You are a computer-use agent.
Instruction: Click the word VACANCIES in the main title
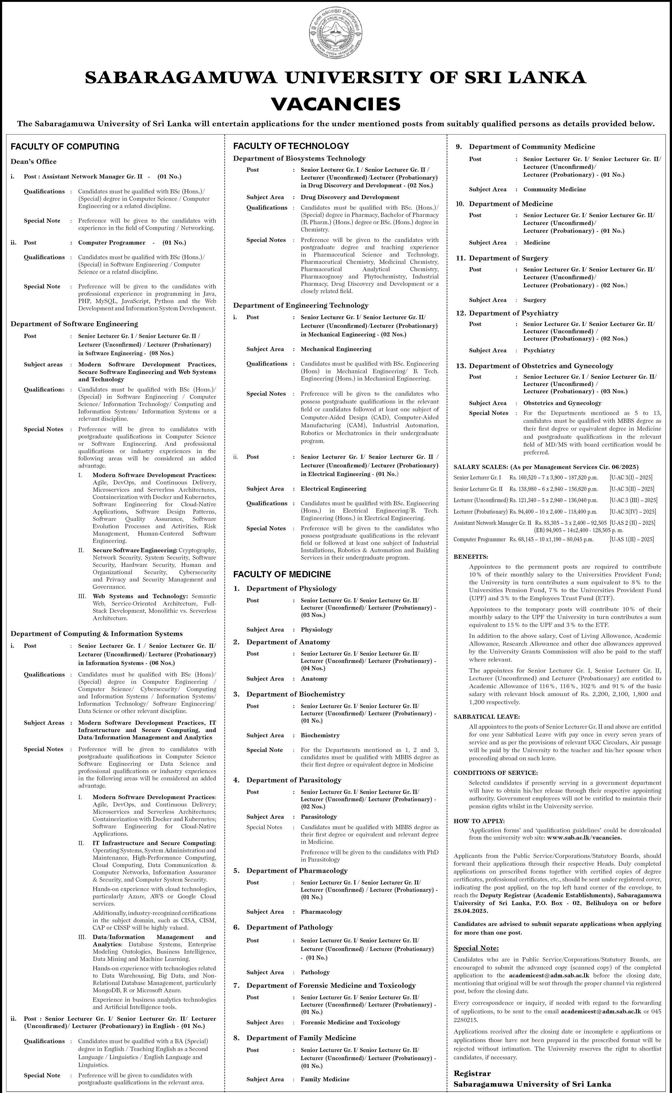(x=336, y=104)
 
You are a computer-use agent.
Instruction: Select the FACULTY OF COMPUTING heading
(x=65, y=146)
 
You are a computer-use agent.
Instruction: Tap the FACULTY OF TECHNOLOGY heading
(x=291, y=146)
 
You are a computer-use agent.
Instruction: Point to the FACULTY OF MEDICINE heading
(x=282, y=574)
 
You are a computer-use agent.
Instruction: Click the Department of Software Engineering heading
(x=74, y=324)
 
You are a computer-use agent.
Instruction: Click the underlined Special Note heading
(x=476, y=948)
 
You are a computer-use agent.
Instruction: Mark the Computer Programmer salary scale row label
(x=479, y=539)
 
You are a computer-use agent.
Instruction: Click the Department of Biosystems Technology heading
(x=299, y=158)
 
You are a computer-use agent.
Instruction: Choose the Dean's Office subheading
(x=33, y=161)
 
